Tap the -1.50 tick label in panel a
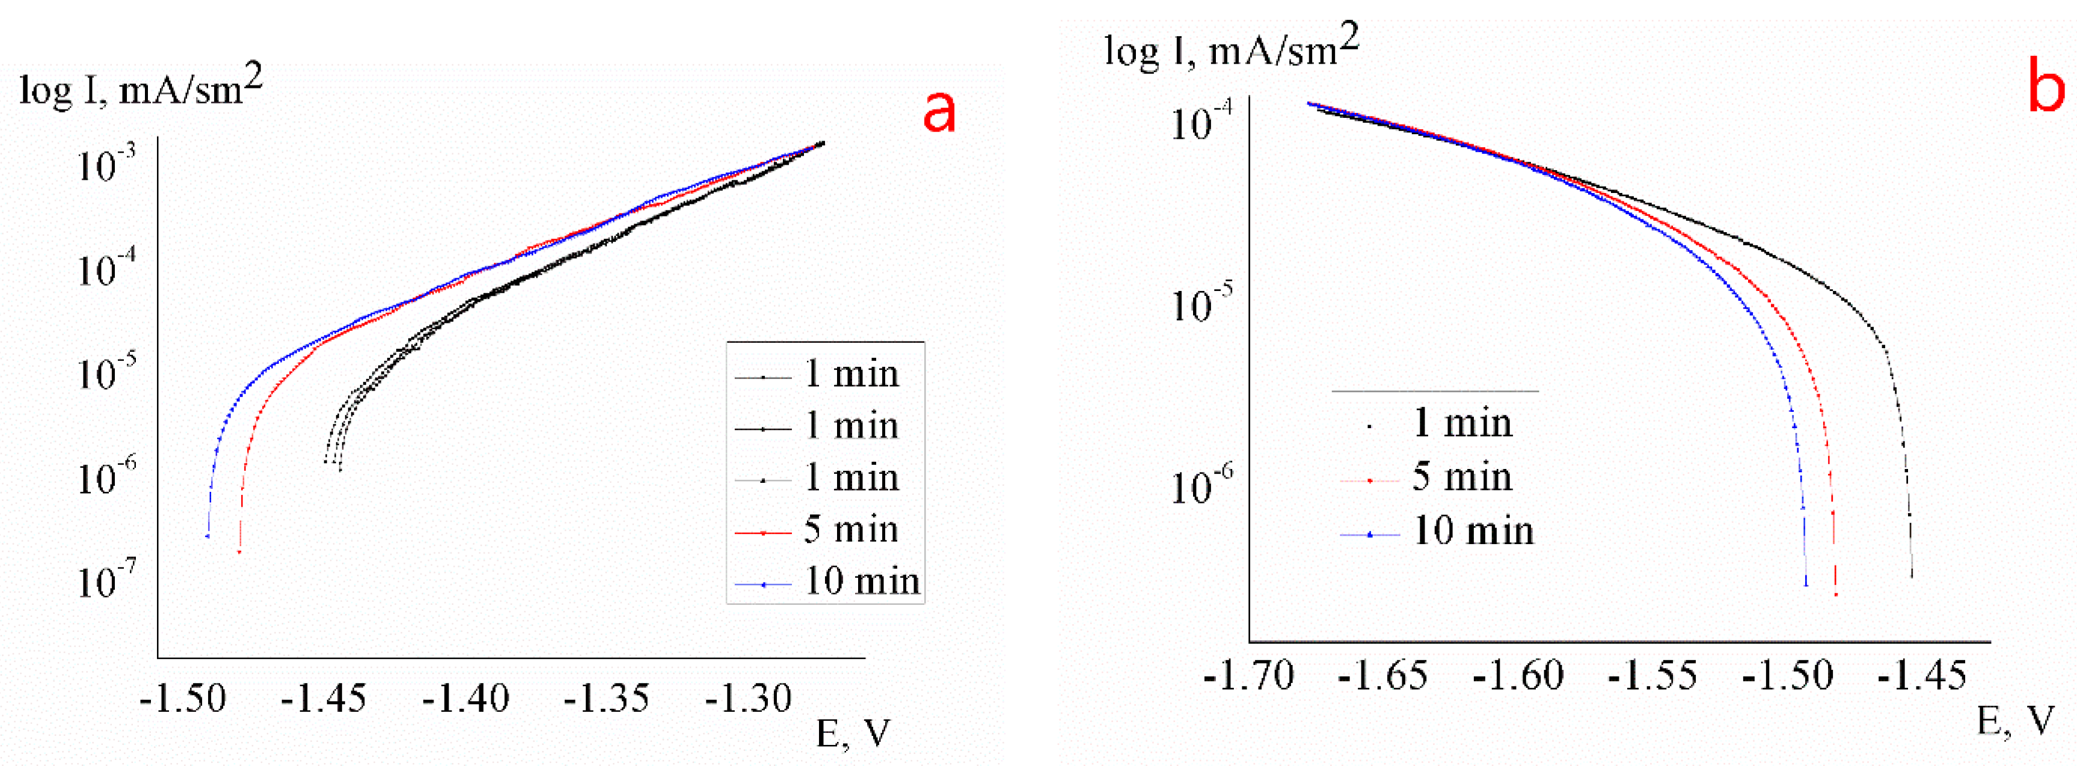pos(183,698)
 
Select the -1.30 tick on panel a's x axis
pos(748,698)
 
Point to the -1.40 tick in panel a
pos(466,698)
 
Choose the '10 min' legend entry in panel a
pos(861,581)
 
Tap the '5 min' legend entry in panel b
pos(1461,477)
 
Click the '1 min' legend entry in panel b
pos(1461,423)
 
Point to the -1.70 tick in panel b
pos(1248,676)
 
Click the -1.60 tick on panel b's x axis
pos(1518,676)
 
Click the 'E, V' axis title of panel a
pos(853,734)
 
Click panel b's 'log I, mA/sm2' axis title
pos(1231,48)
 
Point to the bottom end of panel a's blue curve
pos(208,535)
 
